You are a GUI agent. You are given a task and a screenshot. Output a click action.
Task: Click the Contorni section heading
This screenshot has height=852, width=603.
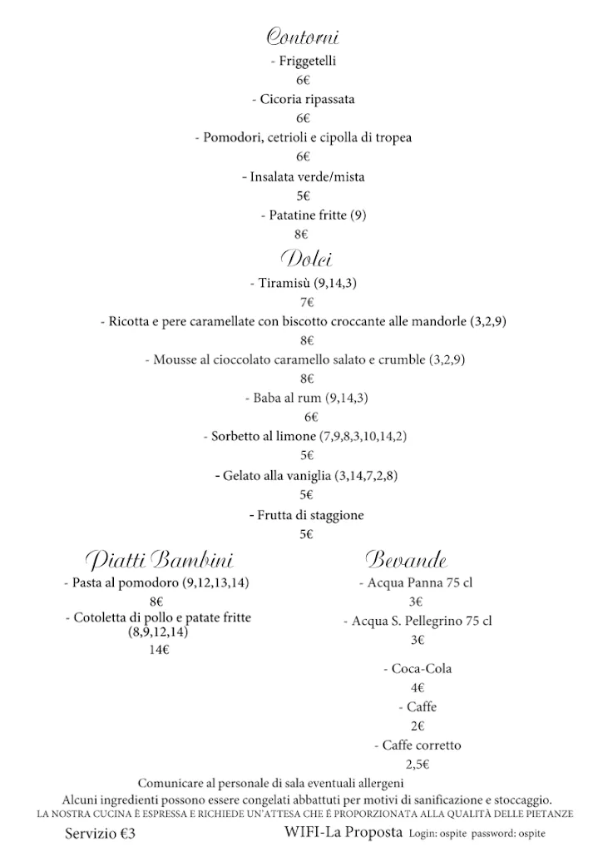tap(303, 37)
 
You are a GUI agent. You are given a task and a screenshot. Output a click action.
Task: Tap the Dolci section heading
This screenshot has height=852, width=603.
tap(306, 258)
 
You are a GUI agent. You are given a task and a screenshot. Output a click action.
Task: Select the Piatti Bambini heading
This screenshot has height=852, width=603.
tap(160, 558)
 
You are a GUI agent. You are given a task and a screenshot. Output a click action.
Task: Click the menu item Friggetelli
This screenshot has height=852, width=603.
tap(304, 61)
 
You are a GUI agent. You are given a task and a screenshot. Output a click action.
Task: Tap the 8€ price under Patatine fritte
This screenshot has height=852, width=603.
tap(303, 235)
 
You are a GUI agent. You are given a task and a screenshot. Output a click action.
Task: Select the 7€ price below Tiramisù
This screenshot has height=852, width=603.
tap(306, 302)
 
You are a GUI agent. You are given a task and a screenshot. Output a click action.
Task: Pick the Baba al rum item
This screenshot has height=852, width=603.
tap(305, 398)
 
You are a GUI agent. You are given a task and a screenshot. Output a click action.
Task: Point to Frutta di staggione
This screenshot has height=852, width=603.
tap(306, 516)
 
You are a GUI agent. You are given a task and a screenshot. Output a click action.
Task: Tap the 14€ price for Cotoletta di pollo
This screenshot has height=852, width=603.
tap(159, 650)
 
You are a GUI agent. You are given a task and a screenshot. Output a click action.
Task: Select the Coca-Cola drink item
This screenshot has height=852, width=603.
tap(418, 669)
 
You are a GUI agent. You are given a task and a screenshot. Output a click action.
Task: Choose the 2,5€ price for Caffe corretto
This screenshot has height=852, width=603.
tap(418, 764)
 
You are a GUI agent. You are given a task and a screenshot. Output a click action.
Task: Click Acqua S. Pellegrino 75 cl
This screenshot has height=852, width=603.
tap(418, 621)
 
